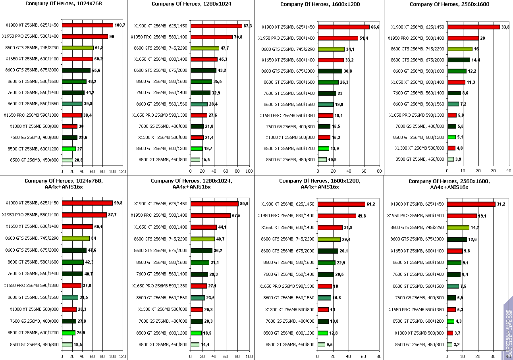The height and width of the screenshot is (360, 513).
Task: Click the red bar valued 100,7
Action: tap(87, 25)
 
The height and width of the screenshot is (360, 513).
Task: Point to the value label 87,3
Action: tap(248, 26)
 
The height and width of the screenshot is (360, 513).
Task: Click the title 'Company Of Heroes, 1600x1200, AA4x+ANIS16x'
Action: tap(319, 184)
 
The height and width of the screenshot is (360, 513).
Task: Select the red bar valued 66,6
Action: tap(343, 27)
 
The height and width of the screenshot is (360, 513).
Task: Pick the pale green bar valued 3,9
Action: tap(450, 159)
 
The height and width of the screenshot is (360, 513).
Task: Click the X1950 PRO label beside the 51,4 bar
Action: tap(286, 38)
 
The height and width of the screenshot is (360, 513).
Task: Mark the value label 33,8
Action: tap(506, 27)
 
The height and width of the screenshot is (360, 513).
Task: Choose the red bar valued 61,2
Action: tap(341, 204)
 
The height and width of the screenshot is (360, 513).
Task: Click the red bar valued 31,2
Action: tap(471, 204)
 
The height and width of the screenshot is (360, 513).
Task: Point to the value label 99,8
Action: tap(118, 203)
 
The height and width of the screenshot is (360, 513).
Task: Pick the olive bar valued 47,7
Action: tap(204, 48)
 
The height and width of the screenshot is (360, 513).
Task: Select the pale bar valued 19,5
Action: tap(67, 345)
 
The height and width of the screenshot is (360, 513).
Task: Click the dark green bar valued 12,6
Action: tap(457, 239)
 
